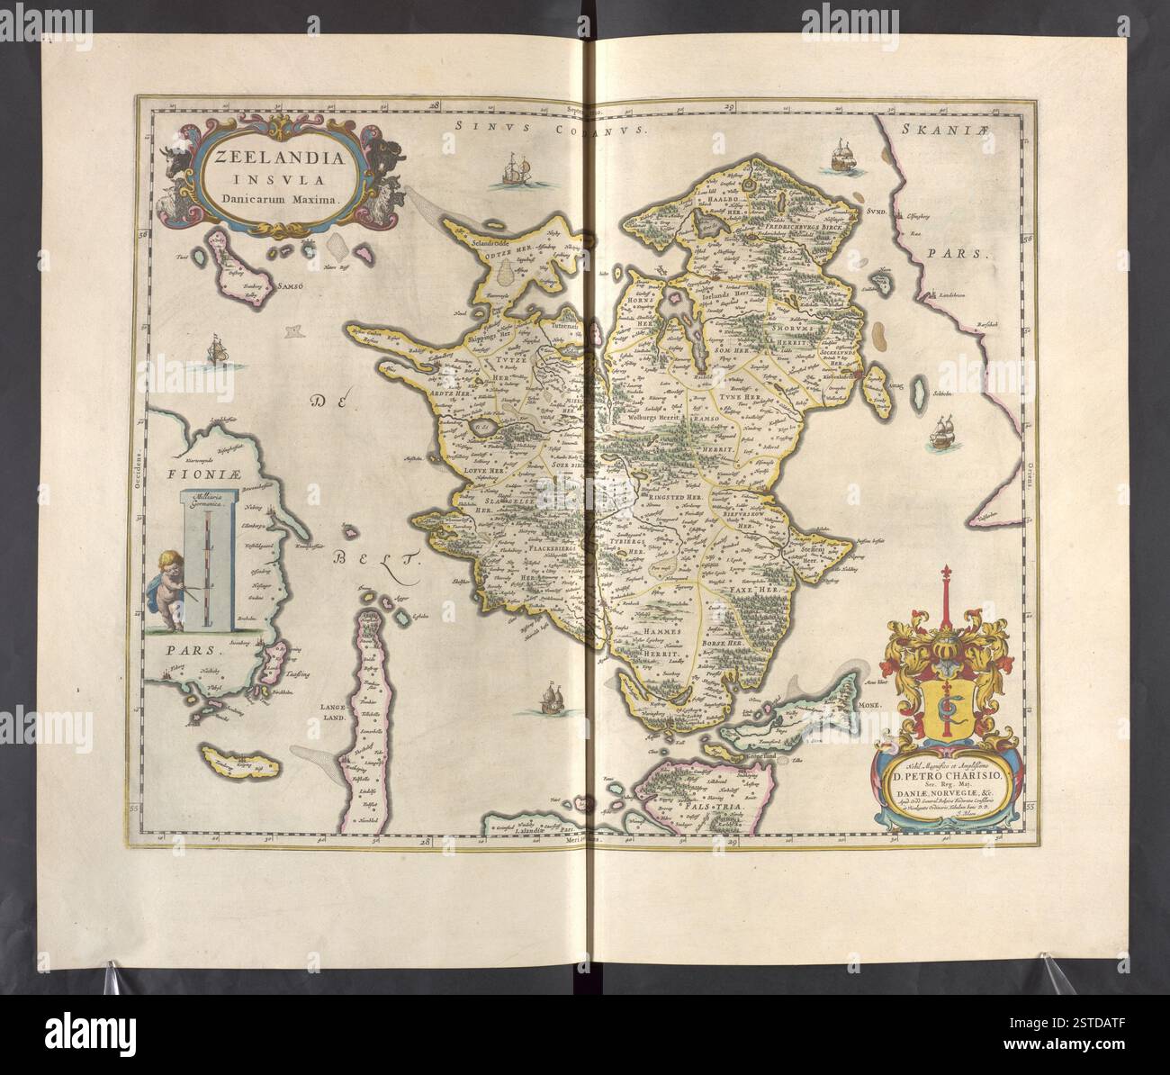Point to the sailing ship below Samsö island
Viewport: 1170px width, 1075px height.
(x=215, y=350)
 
